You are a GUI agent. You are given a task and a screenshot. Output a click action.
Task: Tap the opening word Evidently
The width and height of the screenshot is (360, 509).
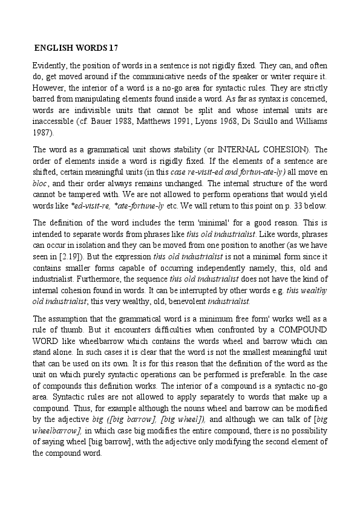click(x=50, y=64)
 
